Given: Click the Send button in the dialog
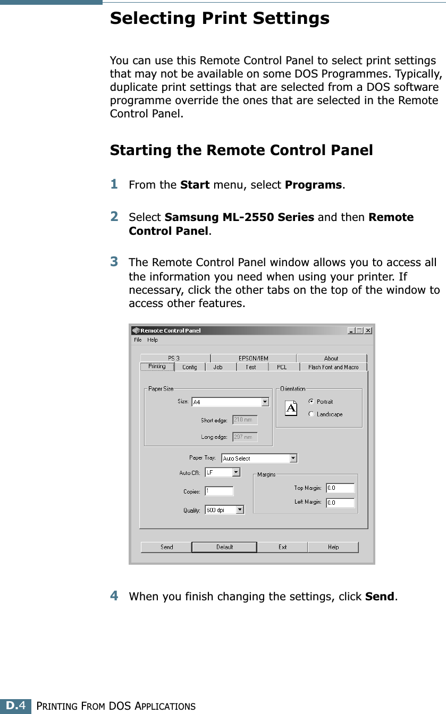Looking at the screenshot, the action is point(166,547).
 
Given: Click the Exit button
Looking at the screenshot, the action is point(282,547).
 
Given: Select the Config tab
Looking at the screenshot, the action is point(189,367).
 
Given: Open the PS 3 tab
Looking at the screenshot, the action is point(174,359).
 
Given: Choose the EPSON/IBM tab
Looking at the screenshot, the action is point(253,359).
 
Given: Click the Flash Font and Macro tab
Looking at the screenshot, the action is point(333,367).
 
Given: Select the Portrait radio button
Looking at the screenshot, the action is point(312,402).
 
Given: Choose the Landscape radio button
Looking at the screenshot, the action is point(312,414).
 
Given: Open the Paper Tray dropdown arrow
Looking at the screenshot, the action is point(293,458).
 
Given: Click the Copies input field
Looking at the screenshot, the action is point(219,491).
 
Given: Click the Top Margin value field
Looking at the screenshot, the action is point(340,488).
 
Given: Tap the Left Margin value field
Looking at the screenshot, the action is point(340,502).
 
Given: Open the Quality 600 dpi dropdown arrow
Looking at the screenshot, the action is point(240,510).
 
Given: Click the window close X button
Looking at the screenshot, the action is point(368,330).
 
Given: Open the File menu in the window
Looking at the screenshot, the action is point(138,340).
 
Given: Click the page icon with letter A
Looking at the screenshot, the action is point(291,408).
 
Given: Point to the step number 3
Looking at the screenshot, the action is point(114,261).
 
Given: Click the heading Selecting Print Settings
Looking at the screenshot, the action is point(220,19).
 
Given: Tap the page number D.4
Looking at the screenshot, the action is point(15,706).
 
